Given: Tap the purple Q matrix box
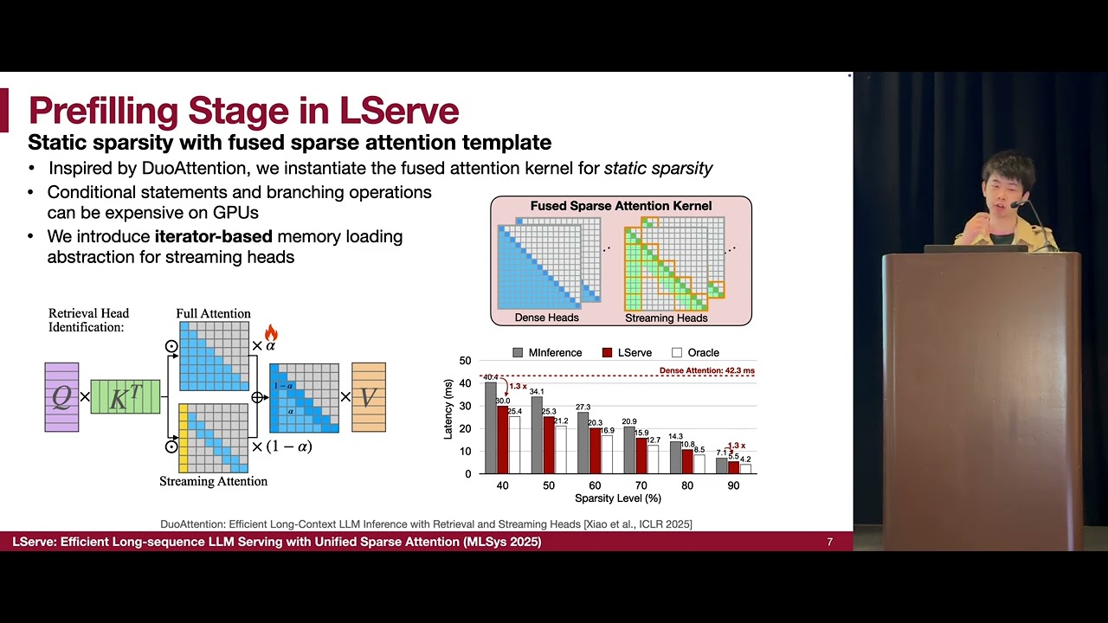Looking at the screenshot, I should [61, 397].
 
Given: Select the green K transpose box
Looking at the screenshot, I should [126, 396].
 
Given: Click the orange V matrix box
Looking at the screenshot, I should [369, 397].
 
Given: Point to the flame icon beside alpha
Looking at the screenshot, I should [271, 333].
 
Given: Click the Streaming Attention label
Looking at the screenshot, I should [213, 481].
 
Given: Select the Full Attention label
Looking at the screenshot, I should [213, 313].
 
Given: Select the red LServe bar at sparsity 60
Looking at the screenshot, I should [595, 451].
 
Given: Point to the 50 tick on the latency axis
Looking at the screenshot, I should [466, 361].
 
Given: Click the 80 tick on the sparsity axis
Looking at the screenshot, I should [686, 485].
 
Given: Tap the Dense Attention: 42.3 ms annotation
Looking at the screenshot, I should [706, 370].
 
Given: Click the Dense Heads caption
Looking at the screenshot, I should [547, 318].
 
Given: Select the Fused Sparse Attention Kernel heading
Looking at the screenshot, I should [621, 206].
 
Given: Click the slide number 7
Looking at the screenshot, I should [829, 543].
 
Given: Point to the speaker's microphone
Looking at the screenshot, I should [1018, 205].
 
